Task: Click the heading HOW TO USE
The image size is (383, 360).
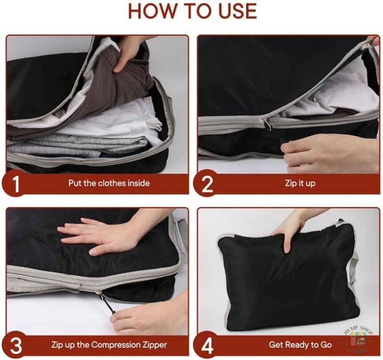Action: coord(192,11)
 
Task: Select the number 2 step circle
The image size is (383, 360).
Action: coord(206,184)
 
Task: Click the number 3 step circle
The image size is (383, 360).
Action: coord(15,345)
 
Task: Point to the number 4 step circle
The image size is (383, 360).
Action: coord(206,345)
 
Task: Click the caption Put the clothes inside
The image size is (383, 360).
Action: coord(109,183)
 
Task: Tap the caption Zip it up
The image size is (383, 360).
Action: coord(300,183)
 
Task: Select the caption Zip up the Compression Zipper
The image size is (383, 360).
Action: coord(109,345)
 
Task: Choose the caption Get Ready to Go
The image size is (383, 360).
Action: coord(300,345)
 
